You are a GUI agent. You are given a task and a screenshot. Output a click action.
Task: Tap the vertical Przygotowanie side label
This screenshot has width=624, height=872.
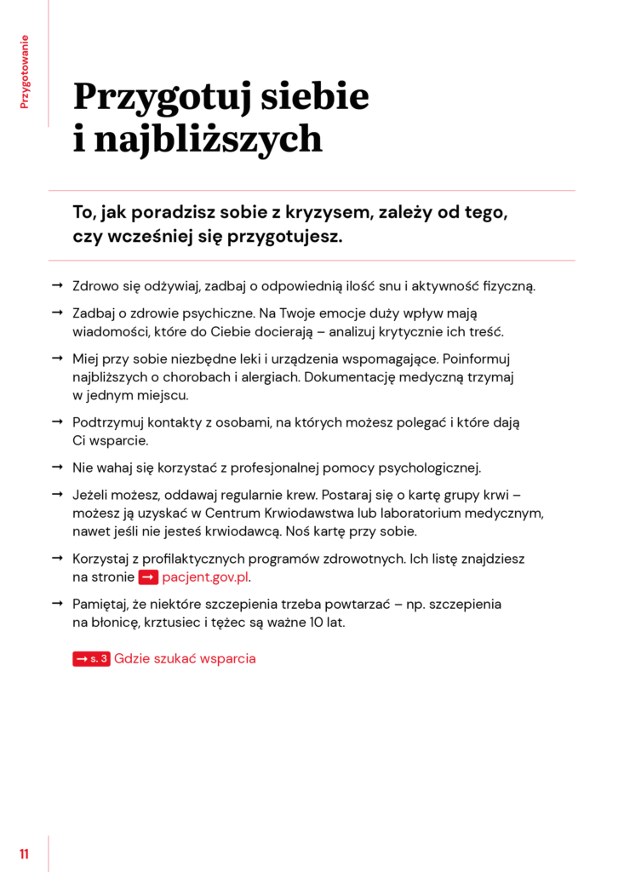[x=25, y=72]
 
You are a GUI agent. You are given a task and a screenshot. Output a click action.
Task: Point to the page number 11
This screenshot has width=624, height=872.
[x=24, y=853]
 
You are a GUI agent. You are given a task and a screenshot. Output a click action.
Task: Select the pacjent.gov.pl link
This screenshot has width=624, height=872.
[x=206, y=577]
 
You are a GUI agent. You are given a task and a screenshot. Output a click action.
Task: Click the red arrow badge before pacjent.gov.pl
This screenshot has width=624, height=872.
[x=148, y=577]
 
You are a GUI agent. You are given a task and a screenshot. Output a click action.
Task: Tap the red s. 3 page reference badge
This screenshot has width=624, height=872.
[x=91, y=658]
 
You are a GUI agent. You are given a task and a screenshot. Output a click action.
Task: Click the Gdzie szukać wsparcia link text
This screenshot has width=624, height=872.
[x=185, y=658]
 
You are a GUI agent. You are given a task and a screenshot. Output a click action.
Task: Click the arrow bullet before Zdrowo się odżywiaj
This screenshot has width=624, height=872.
[x=57, y=285]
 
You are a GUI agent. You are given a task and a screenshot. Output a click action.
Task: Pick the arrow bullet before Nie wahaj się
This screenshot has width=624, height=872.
[x=57, y=468]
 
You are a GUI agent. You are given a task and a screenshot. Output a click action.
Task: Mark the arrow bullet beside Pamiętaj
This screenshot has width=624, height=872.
[x=57, y=603]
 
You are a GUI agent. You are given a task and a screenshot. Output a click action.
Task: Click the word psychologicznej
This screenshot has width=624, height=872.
[x=430, y=468]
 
